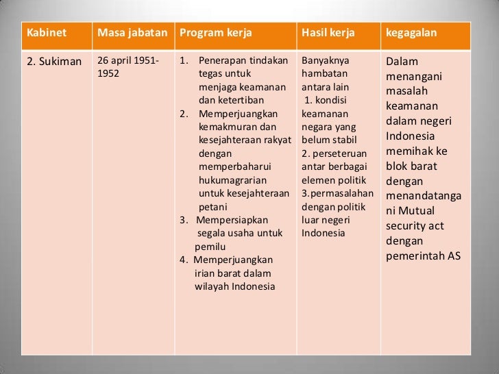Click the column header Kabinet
pos(42,34)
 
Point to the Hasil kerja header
pos(326,34)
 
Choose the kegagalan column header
pos(411,34)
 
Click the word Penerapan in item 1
pos(221,61)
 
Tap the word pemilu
pos(210,247)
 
